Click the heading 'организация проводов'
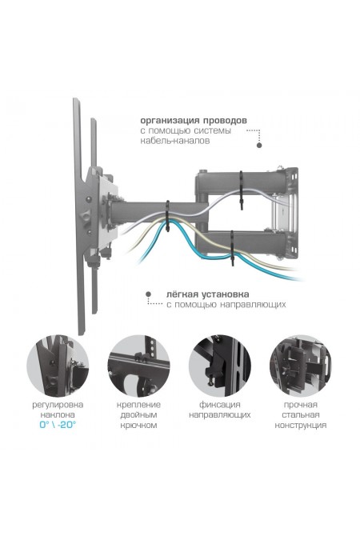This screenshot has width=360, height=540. click(194, 121)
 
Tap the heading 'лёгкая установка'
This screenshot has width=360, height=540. click(208, 294)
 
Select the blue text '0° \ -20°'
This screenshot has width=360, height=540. click(58, 425)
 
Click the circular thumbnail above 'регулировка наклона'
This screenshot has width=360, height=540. click(58, 366)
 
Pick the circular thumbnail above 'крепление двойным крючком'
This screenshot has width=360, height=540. click(138, 366)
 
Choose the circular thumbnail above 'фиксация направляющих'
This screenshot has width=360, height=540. click(219, 366)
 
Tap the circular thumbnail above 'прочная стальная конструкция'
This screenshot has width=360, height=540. click(301, 366)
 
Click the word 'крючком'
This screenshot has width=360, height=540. click(138, 426)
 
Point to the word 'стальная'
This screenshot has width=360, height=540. click(301, 415)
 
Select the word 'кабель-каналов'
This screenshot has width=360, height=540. click(174, 141)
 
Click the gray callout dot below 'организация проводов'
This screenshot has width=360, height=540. click(259, 146)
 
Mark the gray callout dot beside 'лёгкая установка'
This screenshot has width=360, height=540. click(149, 294)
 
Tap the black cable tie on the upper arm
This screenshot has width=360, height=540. click(241, 190)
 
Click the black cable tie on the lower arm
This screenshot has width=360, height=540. click(233, 248)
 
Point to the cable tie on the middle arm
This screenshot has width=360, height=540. click(168, 216)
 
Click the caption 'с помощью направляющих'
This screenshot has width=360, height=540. click(226, 305)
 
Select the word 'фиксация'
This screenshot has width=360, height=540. click(220, 405)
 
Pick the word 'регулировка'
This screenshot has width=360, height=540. click(58, 405)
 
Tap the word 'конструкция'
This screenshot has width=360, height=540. click(301, 426)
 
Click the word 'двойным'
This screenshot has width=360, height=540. click(138, 415)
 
